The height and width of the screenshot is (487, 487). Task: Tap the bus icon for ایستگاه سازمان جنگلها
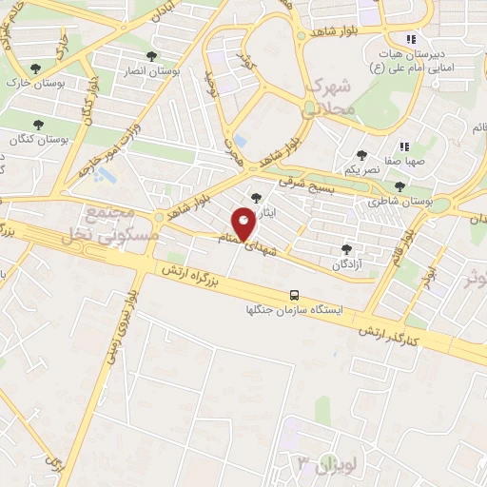click(295, 295)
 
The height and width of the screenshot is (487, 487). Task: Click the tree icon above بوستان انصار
click(151, 56)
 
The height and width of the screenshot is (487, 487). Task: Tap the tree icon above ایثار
click(254, 198)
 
